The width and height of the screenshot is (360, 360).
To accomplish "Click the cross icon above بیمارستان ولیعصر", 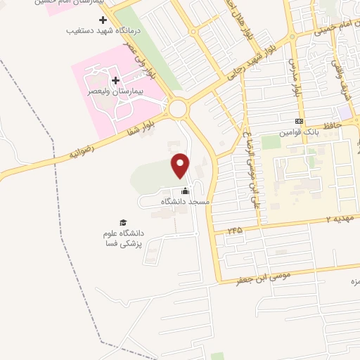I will pos(116,81).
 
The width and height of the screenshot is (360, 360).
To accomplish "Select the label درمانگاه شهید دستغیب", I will pos(103,31).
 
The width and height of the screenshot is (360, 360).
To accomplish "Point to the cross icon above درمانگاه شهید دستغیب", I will pos(103,20).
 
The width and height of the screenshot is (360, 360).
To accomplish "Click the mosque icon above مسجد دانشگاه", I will pos(186,191).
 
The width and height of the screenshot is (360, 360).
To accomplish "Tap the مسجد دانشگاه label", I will pos(186,202).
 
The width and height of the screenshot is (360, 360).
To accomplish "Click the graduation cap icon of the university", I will pos(124,222).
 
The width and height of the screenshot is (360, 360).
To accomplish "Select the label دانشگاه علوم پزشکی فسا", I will pos(124,238).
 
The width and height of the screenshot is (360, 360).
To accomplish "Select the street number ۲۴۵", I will pos(235,231).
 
